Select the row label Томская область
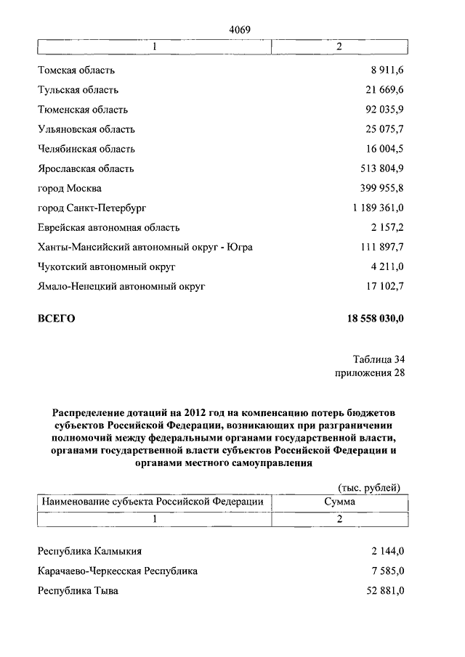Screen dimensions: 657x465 pos(76,71)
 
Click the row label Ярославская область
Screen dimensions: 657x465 pos(86,169)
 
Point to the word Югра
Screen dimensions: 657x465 pos(239,248)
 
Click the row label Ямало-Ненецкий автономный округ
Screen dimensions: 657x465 pos(121,287)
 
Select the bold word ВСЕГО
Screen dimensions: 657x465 pos(57,319)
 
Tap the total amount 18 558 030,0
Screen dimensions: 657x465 pos(365,319)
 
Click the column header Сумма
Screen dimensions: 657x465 pos(339,502)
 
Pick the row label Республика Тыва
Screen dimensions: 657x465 pos(78,591)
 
